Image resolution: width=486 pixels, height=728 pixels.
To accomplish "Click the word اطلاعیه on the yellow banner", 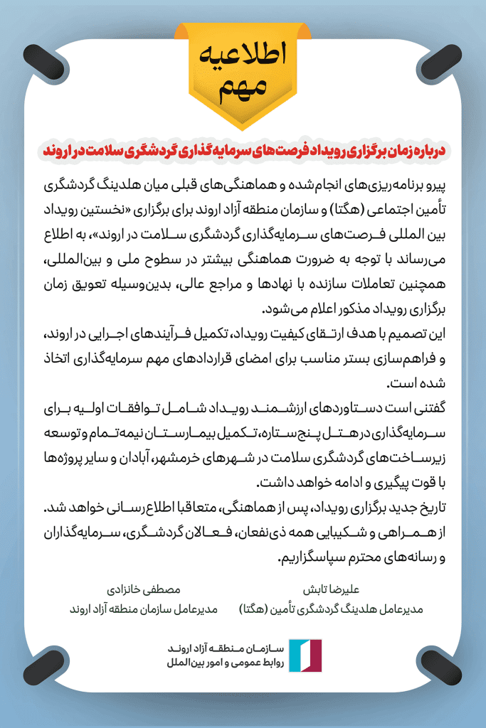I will pyautogui.click(x=243, y=55).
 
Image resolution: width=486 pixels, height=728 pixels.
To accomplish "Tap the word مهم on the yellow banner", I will pyautogui.click(x=243, y=87).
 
